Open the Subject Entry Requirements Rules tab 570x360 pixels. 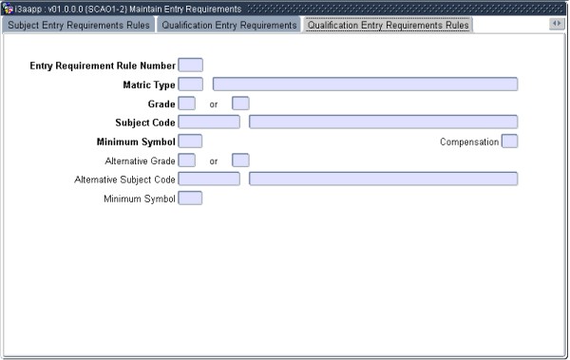pyautogui.click(x=78, y=25)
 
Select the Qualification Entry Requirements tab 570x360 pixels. pyautogui.click(x=228, y=25)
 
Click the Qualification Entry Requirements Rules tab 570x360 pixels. pyautogui.click(x=387, y=25)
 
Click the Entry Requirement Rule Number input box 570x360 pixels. pyautogui.click(x=190, y=66)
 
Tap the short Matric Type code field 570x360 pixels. pyautogui.click(x=190, y=85)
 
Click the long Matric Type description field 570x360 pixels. pyautogui.click(x=365, y=85)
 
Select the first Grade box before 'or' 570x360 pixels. pyautogui.click(x=187, y=104)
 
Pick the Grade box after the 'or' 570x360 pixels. pyautogui.click(x=240, y=104)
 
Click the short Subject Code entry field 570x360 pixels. pyautogui.click(x=209, y=122)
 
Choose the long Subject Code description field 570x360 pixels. pyautogui.click(x=383, y=122)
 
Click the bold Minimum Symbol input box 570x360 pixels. pyautogui.click(x=190, y=142)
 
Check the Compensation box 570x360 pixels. pyautogui.click(x=509, y=142)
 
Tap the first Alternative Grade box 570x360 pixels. pyautogui.click(x=187, y=161)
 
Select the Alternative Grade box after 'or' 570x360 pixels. pyautogui.click(x=240, y=161)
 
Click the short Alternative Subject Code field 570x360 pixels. pyautogui.click(x=209, y=179)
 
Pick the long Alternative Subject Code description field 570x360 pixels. pyautogui.click(x=383, y=179)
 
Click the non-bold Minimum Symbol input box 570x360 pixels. pyautogui.click(x=190, y=198)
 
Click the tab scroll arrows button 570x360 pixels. pyautogui.click(x=557, y=24)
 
